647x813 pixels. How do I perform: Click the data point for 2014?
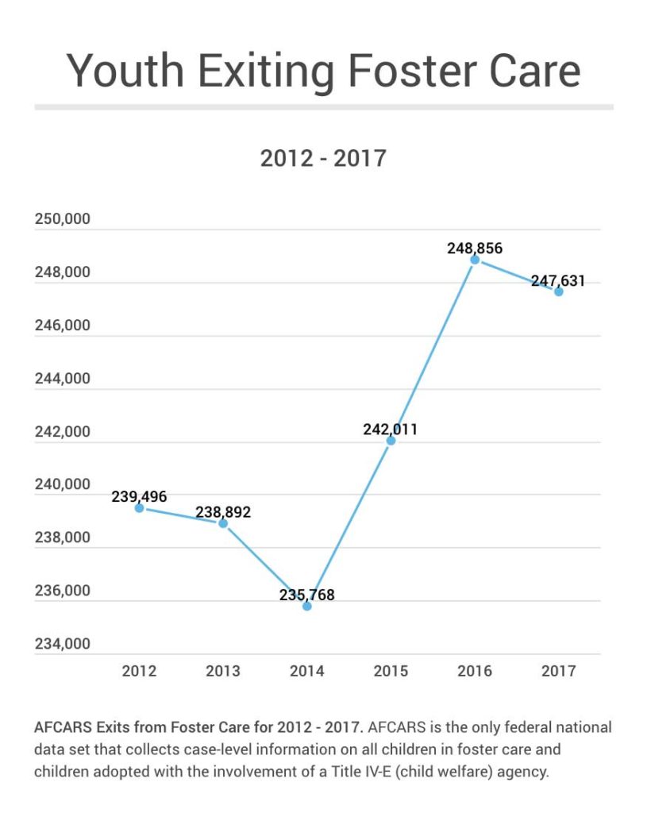[x=307, y=607]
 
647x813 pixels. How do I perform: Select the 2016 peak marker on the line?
[x=475, y=260]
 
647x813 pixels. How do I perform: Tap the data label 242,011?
[x=390, y=430]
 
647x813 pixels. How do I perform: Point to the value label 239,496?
[x=139, y=497]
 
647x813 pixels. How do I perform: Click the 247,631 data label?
[x=558, y=281]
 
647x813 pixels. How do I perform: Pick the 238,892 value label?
[x=223, y=513]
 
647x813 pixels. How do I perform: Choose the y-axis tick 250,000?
[x=63, y=220]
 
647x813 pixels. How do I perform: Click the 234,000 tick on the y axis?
[x=63, y=644]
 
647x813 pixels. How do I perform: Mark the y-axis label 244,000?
[x=63, y=379]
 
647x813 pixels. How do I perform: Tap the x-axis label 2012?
[x=139, y=672]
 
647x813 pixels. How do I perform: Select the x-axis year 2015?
[x=391, y=672]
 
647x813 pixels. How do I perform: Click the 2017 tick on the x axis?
[x=559, y=672]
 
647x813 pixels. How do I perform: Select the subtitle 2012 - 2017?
[x=323, y=158]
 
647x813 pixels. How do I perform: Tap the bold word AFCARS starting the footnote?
[x=62, y=727]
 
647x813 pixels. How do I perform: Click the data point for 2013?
[x=223, y=523]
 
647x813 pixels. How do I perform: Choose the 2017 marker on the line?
[x=559, y=291]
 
